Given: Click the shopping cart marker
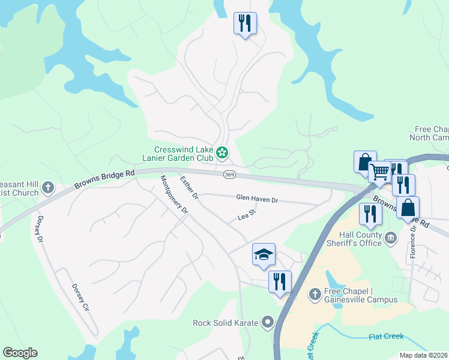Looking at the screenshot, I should (379, 172).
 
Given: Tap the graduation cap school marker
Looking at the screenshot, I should (264, 254).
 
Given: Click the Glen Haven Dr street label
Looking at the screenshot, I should (257, 197).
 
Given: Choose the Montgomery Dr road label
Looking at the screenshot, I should (174, 195).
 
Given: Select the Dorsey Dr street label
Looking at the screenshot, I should (40, 229).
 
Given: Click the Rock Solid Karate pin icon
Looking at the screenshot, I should (268, 323).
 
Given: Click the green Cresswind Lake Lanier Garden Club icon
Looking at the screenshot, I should (222, 153).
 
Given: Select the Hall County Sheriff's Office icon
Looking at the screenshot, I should (390, 238).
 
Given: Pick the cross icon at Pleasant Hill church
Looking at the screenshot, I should (47, 188).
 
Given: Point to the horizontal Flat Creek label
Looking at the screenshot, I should (386, 337).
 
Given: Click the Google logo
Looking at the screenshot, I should (20, 353).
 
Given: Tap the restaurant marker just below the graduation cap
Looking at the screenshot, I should (279, 281).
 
